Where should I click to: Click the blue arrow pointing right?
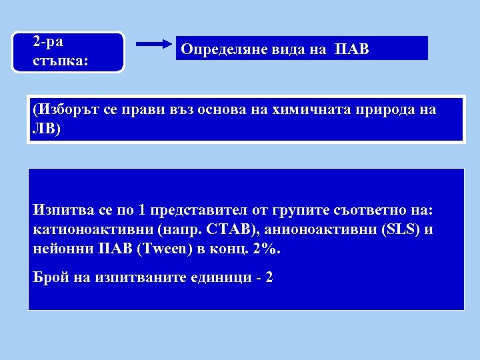tap(154, 45)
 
